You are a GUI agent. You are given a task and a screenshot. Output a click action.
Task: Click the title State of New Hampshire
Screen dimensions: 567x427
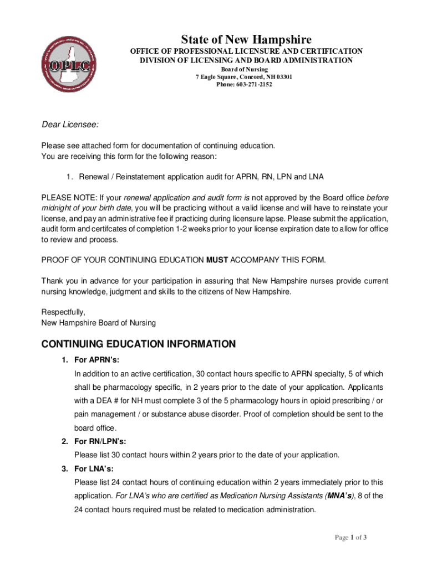(246, 39)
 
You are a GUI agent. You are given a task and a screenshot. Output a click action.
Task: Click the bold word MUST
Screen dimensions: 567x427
(217, 260)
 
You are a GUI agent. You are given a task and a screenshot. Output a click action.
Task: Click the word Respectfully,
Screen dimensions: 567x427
(63, 312)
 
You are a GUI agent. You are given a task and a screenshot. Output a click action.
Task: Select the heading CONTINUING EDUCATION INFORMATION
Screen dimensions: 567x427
(139, 344)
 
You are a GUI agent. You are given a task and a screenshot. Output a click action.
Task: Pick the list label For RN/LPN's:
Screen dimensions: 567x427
(100, 441)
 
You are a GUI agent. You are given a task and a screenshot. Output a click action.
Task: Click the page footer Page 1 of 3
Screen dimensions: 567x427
(350, 537)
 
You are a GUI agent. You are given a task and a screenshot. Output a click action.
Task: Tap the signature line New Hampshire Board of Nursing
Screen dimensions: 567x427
(99, 322)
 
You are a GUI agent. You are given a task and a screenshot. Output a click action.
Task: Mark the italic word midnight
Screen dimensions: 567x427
(58, 208)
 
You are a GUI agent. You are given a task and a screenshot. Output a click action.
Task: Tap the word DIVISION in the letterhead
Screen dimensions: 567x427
(157, 60)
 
